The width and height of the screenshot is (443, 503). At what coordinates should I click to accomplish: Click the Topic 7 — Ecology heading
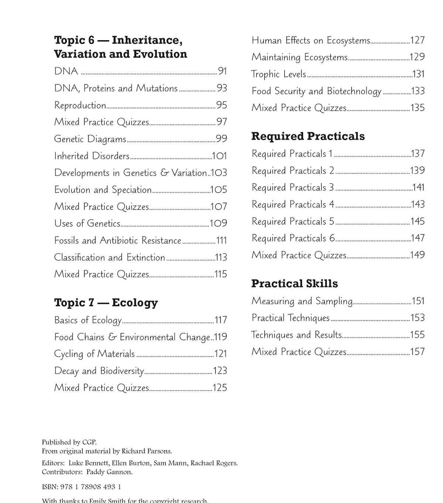106,302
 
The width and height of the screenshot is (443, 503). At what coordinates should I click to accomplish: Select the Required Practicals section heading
308,136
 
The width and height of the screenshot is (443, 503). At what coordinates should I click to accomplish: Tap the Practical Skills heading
294,284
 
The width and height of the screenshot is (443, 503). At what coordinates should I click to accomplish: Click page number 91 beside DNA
222,71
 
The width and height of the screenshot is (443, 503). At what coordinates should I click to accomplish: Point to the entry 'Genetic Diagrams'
90,139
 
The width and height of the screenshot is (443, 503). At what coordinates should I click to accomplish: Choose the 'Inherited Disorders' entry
92,156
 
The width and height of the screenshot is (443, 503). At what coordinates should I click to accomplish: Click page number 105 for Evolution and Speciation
219,190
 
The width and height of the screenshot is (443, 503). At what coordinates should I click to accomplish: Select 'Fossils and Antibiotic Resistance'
117,240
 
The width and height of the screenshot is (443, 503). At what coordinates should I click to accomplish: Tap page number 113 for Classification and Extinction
221,257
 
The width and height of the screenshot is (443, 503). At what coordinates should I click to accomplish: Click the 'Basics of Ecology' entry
88,320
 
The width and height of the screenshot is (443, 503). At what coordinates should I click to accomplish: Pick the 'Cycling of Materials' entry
94,354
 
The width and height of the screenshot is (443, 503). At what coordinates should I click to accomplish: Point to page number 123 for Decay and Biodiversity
220,371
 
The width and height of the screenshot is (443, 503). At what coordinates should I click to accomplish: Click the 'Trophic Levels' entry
279,74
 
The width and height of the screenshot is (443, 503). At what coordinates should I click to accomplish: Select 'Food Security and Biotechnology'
316,91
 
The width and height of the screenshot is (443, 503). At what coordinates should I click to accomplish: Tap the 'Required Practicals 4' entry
293,205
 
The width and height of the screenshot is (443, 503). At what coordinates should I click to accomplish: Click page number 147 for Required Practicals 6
418,238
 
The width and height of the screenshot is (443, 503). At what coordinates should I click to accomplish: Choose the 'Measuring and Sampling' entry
302,301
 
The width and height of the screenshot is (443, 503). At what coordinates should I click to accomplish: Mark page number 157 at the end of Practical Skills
418,352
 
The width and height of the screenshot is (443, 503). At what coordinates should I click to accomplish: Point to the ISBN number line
81,487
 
